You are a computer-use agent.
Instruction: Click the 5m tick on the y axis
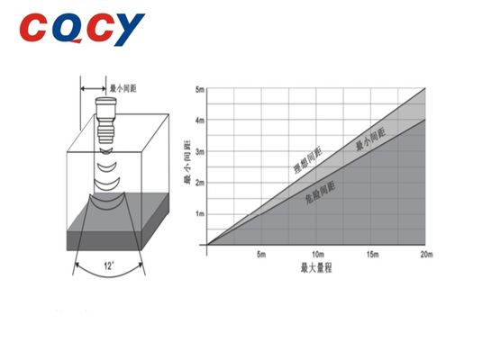click(x=200, y=89)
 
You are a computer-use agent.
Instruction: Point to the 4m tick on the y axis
click(x=200, y=120)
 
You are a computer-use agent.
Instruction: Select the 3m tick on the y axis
click(x=200, y=151)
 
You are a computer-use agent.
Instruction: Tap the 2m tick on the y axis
click(x=200, y=182)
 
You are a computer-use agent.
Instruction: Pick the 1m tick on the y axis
click(x=200, y=213)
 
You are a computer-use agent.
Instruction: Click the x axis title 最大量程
click(x=316, y=268)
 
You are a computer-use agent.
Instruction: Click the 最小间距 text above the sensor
click(x=123, y=89)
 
